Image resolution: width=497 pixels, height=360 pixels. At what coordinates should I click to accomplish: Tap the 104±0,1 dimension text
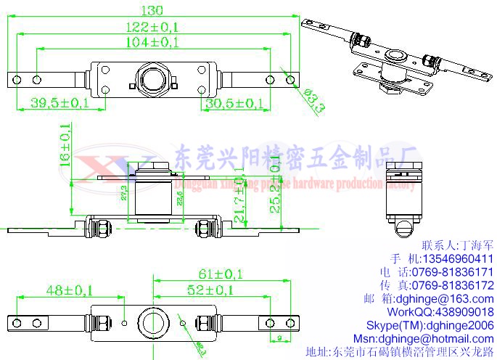click(152, 43)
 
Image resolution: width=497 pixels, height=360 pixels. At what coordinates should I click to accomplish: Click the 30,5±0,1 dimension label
click(234, 103)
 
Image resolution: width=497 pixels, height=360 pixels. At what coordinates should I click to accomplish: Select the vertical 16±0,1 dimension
click(65, 146)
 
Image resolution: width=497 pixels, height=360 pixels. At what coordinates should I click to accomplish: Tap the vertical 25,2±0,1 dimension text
click(275, 188)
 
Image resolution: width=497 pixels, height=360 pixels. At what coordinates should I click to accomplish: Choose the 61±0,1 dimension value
click(223, 274)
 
